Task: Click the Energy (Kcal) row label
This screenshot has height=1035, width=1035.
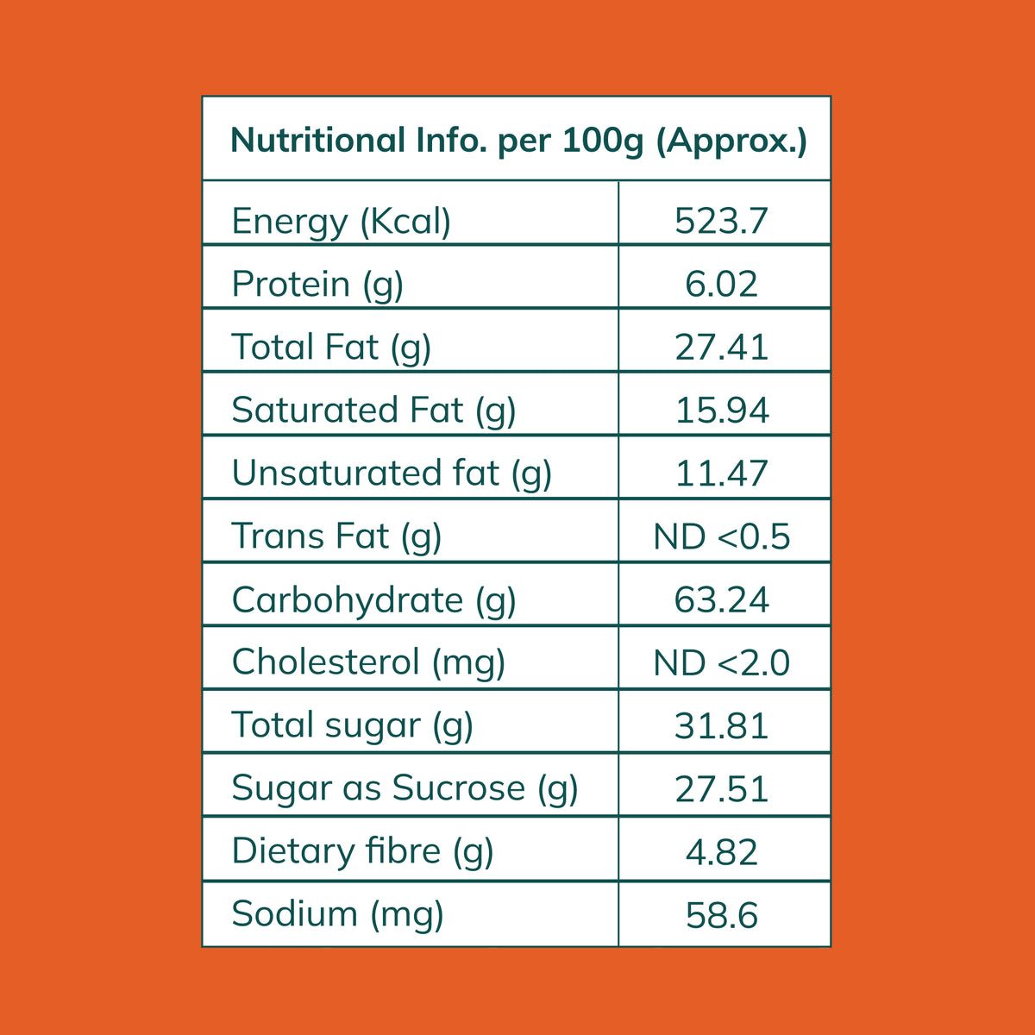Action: tap(341, 222)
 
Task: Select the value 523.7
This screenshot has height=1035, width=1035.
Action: tap(721, 221)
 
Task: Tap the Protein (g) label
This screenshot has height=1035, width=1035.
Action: tap(317, 285)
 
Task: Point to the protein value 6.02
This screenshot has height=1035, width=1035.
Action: tap(721, 284)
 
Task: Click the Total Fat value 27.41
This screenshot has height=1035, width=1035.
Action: tap(721, 347)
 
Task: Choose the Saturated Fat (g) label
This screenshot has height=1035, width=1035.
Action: tap(373, 411)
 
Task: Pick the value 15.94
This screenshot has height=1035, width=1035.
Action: tap(722, 411)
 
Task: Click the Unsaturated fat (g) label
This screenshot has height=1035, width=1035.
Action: tap(392, 474)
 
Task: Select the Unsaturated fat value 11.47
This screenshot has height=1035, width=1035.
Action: tap(721, 474)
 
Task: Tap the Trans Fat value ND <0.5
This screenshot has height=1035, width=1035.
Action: tap(721, 536)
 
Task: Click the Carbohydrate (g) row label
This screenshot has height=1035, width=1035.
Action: tap(373, 600)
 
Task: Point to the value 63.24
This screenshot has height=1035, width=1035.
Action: tap(721, 599)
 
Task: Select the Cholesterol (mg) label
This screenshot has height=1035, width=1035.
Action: tap(368, 662)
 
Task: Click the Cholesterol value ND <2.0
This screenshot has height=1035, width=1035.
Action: tap(721, 662)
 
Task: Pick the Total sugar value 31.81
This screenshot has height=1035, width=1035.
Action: tap(721, 725)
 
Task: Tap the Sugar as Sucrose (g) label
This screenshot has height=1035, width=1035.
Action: tap(405, 789)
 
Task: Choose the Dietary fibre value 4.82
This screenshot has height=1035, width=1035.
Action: tap(721, 852)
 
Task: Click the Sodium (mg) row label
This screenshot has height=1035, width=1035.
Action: tap(338, 915)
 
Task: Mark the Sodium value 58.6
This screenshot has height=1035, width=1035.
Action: tap(721, 915)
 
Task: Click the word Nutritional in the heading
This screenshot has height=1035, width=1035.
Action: tap(317, 141)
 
